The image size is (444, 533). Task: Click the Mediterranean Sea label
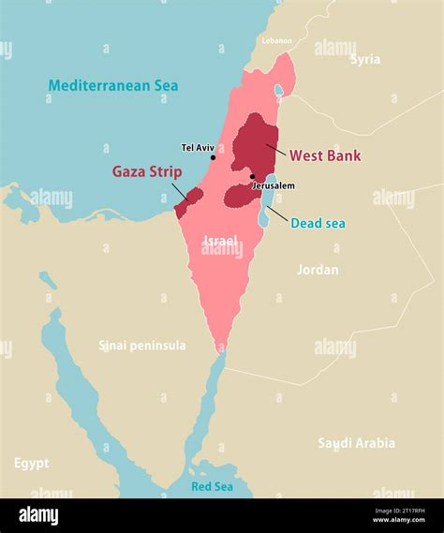[x=112, y=85]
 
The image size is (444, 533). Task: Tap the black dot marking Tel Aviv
[x=214, y=157]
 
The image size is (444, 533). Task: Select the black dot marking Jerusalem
[x=252, y=176]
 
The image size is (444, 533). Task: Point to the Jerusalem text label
[x=274, y=185]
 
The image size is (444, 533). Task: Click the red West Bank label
[x=325, y=155]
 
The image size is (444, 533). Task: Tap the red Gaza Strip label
[x=147, y=171]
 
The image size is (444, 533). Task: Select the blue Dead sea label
[x=318, y=223]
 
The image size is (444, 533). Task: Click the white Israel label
[x=221, y=241]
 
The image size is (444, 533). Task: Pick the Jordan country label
[x=318, y=270]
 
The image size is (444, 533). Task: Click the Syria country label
[x=365, y=59]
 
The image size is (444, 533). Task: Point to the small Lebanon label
[x=277, y=40]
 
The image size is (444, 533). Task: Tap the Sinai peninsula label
[x=142, y=346]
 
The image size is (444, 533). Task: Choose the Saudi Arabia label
[x=356, y=443]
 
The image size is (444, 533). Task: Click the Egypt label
[x=31, y=463]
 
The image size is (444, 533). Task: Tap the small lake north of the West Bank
[x=278, y=91]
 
